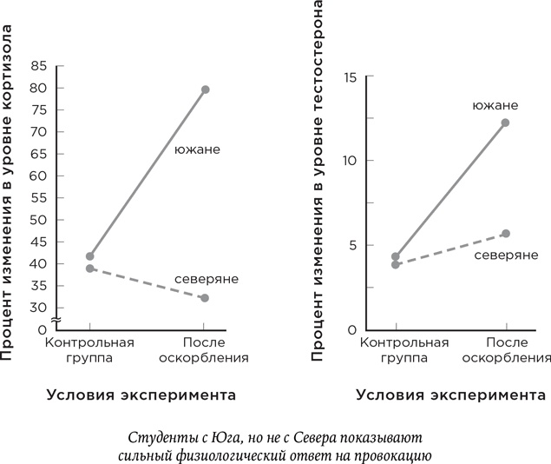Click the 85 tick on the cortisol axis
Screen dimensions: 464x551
coord(38,66)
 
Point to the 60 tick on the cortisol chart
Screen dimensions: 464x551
coord(38,176)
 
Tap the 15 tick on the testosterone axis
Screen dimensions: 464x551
coord(351,77)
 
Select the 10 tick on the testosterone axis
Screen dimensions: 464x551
coord(351,161)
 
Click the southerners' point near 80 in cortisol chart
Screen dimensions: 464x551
coord(206,89)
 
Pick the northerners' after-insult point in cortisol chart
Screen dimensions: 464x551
coord(205,298)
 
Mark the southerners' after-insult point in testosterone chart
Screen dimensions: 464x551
coord(505,123)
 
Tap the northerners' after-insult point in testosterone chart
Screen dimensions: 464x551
coord(506,234)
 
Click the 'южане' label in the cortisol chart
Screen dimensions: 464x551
coord(197,149)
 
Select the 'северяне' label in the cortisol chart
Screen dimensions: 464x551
coord(206,280)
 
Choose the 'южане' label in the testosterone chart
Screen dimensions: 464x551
coord(495,105)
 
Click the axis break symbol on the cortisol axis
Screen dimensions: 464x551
coord(56,321)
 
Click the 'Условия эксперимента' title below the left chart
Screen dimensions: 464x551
coord(140,395)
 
